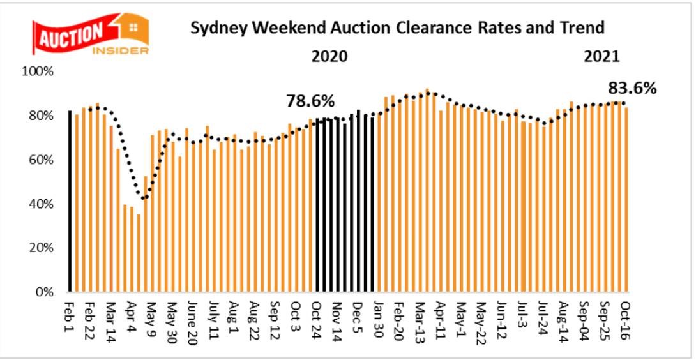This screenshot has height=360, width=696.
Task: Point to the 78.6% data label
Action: tap(310, 101)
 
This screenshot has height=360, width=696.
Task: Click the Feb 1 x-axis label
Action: tap(70, 313)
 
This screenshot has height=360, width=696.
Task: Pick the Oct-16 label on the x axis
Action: tap(626, 317)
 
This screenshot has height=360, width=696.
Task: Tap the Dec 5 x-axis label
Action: tap(356, 315)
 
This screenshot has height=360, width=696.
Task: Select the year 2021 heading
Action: tap(601, 56)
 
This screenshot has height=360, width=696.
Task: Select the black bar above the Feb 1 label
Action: tap(70, 201)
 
